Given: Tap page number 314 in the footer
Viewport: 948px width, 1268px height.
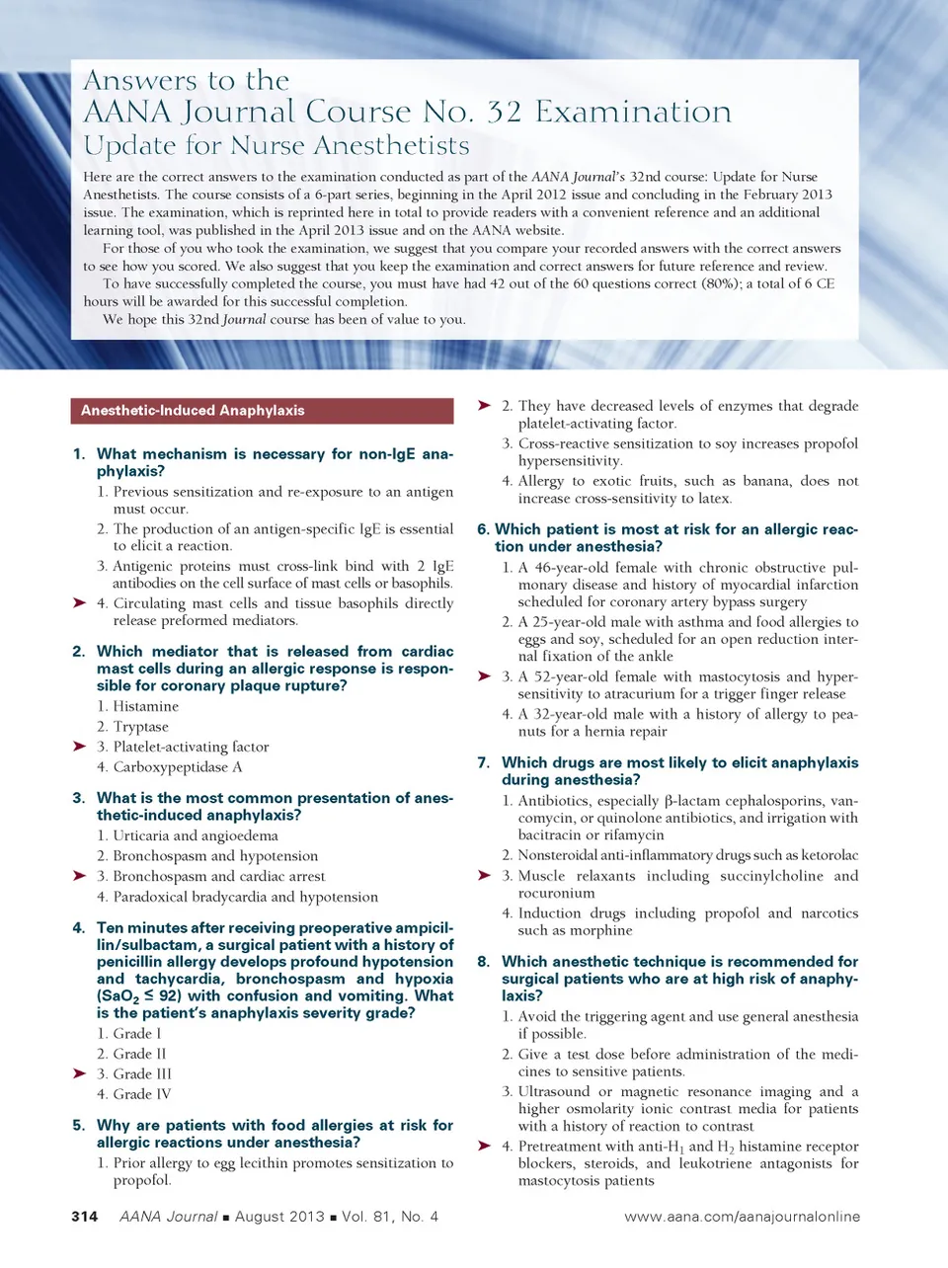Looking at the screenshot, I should pyautogui.click(x=85, y=1217).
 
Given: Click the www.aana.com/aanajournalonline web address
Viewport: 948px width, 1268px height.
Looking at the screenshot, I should pyautogui.click(x=742, y=1217).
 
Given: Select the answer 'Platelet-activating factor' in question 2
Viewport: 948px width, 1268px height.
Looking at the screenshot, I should pyautogui.click(x=191, y=747).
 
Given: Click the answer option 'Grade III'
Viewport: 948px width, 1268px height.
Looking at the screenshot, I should pyautogui.click(x=142, y=1073).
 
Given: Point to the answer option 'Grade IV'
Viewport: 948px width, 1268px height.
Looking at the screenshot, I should pyautogui.click(x=142, y=1094).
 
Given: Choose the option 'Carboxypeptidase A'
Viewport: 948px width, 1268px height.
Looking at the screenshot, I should pyautogui.click(x=178, y=767).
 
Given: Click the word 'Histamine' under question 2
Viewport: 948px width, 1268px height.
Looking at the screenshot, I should pyautogui.click(x=146, y=706).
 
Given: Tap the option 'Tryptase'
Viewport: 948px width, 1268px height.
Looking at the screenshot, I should pyautogui.click(x=141, y=727).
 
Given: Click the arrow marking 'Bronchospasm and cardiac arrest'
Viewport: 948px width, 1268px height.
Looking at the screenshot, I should pyautogui.click(x=80, y=876).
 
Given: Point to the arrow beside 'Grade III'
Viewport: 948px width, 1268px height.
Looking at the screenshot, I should pyautogui.click(x=80, y=1073).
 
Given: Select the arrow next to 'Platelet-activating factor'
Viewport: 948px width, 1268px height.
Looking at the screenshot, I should pyautogui.click(x=80, y=747).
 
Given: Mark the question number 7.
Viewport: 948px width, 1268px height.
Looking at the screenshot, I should pyautogui.click(x=483, y=762).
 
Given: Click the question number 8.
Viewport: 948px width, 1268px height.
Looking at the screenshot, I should pyautogui.click(x=483, y=961).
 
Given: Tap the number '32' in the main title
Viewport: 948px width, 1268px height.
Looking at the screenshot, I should pyautogui.click(x=504, y=112).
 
